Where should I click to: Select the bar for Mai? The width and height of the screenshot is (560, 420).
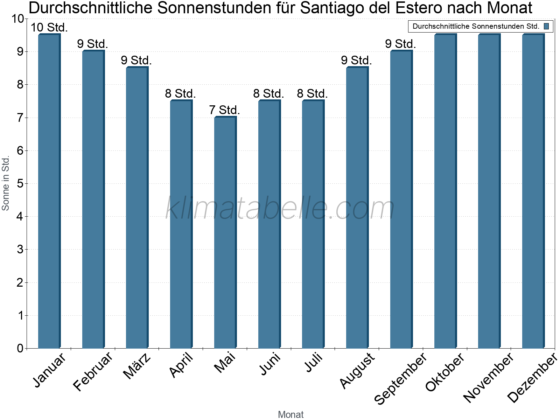click(225, 232)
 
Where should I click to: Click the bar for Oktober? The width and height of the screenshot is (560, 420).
click(445, 191)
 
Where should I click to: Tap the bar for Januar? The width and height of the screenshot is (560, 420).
click(49, 191)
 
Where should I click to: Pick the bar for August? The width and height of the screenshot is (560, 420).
click(357, 208)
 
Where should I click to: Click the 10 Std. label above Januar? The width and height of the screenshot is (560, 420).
click(49, 27)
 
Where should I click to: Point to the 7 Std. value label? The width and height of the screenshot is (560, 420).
click(224, 110)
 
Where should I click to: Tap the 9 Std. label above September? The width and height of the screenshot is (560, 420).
click(400, 44)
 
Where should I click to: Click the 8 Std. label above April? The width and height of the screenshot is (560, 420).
click(180, 94)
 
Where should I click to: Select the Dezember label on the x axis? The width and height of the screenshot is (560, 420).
click(532, 378)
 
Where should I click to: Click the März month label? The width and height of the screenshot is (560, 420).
click(137, 366)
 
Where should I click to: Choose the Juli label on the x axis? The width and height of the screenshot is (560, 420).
click(314, 363)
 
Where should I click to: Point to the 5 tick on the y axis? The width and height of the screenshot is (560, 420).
click(20, 184)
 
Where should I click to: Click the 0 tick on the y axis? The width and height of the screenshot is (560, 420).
click(20, 349)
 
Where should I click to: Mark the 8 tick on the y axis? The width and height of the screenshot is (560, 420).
click(20, 85)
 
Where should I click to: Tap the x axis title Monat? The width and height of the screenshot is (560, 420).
click(290, 414)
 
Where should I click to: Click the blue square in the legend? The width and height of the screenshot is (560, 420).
click(546, 26)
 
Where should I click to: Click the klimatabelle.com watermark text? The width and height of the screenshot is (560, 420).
click(280, 208)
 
